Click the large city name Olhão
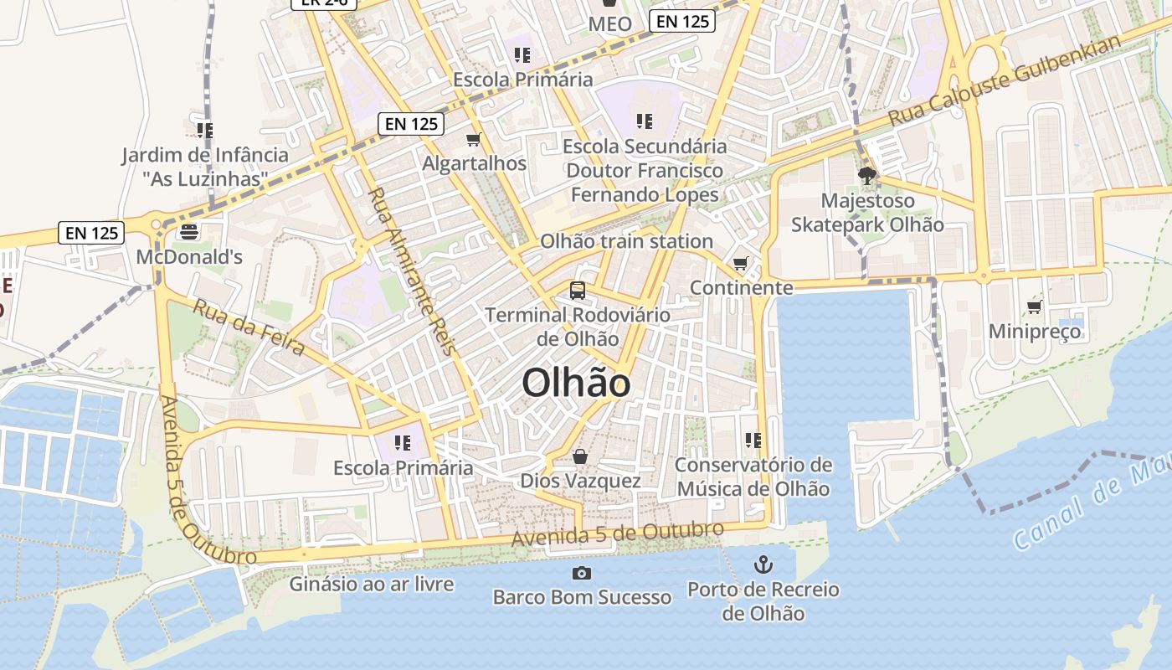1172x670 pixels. [576, 384]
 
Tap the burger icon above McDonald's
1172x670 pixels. [189, 232]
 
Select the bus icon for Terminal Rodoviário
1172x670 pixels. [578, 291]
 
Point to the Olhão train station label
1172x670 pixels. [626, 241]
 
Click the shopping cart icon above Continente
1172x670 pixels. [741, 264]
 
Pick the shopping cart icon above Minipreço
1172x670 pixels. [1035, 307]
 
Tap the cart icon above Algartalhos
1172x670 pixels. [474, 139]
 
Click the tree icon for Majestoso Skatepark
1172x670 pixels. [867, 176]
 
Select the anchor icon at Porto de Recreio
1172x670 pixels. [763, 564]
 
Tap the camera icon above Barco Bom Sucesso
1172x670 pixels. [581, 573]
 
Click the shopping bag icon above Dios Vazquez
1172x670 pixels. [580, 456]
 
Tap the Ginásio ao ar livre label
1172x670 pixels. [372, 584]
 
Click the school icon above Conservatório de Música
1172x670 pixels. [753, 440]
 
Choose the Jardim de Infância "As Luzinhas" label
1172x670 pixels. [205, 167]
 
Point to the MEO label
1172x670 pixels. [610, 24]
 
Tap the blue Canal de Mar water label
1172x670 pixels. [1088, 506]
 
